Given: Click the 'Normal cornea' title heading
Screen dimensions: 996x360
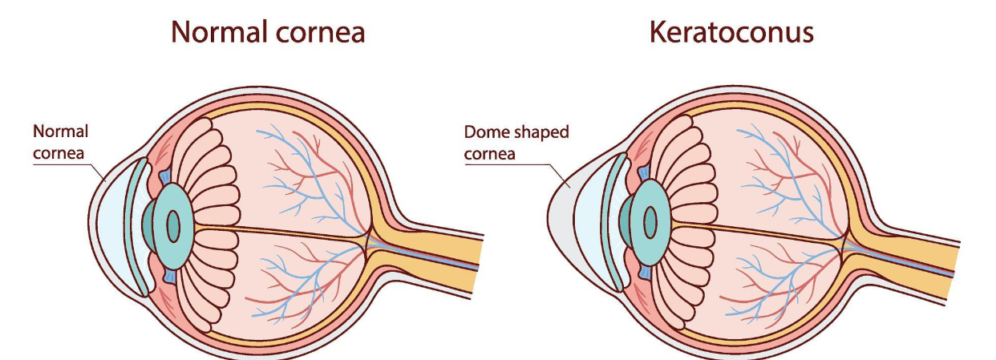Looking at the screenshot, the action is pyautogui.click(x=268, y=32).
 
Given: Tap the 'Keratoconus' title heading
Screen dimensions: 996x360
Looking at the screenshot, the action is pyautogui.click(x=731, y=32).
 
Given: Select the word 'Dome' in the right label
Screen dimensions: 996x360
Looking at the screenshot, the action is pyautogui.click(x=485, y=132).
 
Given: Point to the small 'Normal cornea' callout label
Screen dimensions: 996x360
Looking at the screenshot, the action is pyautogui.click(x=60, y=142).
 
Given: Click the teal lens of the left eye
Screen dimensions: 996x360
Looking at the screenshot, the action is pyautogui.click(x=173, y=226).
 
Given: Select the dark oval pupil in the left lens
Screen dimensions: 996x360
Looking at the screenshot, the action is pyautogui.click(x=173, y=227).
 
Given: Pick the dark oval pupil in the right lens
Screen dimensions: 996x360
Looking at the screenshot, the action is pyautogui.click(x=650, y=222).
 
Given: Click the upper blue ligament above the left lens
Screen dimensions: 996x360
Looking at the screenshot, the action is pyautogui.click(x=165, y=177).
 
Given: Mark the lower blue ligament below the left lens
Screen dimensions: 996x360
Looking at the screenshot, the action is pyautogui.click(x=169, y=276).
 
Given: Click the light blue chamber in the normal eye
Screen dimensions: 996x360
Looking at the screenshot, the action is pyautogui.click(x=111, y=227).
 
